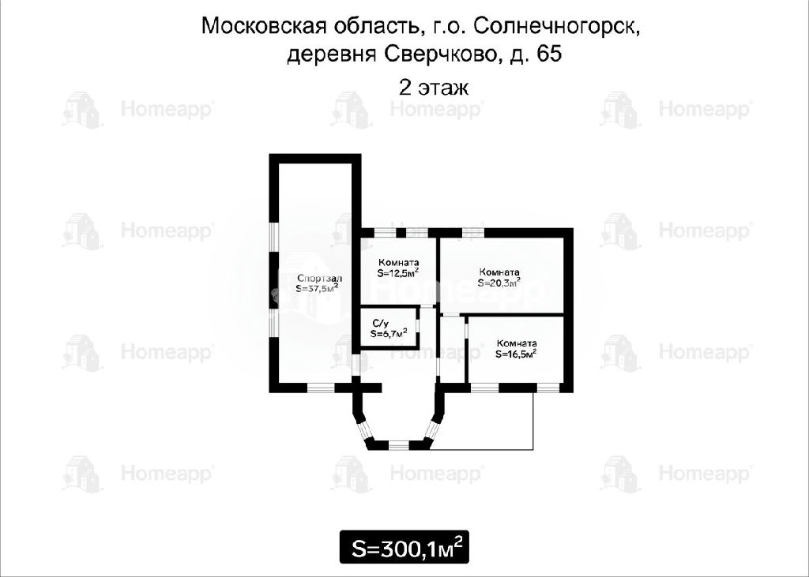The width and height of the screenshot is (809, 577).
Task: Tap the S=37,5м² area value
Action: [x=318, y=289]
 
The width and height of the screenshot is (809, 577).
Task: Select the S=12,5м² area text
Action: [x=398, y=273]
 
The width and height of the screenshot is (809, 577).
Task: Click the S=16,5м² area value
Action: [x=516, y=354]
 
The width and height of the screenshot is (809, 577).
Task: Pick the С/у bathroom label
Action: [x=380, y=324]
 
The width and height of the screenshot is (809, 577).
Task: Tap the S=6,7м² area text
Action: [x=389, y=333]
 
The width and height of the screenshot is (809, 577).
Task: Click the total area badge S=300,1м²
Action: [x=404, y=547]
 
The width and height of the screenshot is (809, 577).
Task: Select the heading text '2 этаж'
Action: [x=434, y=87]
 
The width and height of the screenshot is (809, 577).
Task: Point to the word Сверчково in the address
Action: [x=440, y=54]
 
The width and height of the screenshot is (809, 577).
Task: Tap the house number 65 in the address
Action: [x=549, y=54]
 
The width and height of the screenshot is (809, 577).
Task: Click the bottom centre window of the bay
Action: [x=398, y=445]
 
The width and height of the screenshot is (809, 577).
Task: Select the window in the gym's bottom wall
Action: [x=321, y=388]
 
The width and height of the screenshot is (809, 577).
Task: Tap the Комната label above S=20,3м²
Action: [x=499, y=272]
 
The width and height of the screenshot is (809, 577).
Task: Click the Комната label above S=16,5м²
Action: [x=517, y=343]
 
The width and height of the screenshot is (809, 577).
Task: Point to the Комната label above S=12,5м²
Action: [x=398, y=263]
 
